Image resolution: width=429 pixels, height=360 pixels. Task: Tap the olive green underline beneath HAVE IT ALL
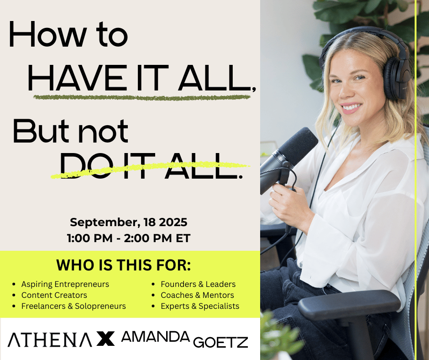coord(142,97)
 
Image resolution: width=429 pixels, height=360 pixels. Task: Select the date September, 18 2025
coord(129,222)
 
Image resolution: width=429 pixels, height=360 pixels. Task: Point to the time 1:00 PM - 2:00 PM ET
coord(129,238)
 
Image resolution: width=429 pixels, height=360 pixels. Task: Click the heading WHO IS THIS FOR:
coord(123,265)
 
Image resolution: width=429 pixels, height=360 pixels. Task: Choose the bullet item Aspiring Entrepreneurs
coord(65,284)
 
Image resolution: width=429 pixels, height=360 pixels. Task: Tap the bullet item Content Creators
coord(54,295)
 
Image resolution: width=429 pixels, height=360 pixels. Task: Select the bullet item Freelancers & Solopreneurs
coord(73,306)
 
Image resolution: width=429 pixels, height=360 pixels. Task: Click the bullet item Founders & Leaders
coord(198,284)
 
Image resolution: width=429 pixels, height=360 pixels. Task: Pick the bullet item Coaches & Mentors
coord(197,295)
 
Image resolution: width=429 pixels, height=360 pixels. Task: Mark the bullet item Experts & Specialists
coord(200,306)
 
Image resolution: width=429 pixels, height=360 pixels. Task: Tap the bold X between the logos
coord(106,339)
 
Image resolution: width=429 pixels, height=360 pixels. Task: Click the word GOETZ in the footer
coord(220,343)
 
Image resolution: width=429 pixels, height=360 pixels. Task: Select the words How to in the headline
coord(68,34)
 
